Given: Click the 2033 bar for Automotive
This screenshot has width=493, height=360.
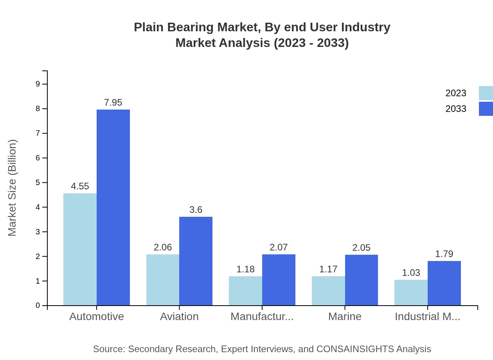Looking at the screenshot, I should coord(113,207).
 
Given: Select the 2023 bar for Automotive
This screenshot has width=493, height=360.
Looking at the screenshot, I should coord(80,249).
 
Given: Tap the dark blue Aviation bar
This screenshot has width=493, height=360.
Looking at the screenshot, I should coord(196,261).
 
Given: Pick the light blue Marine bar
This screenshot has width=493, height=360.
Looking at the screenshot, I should coord(328,291).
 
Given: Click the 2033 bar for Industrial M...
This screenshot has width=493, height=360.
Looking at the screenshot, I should coord(444,283).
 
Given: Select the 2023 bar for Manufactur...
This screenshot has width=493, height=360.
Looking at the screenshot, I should coord(245,291).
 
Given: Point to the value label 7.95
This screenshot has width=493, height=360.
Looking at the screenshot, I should coord(113,103).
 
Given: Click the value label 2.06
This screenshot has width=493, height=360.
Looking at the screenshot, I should coord(163,247).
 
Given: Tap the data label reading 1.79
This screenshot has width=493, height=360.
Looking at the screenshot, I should coord(444,254).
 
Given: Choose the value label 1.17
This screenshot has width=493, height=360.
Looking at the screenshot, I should coord(328,269).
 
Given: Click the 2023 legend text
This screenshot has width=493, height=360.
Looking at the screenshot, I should coord(456,93).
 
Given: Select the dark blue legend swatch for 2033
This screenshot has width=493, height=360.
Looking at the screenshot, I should coord(486,109).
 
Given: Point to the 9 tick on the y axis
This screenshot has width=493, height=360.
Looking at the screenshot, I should coord(38,84).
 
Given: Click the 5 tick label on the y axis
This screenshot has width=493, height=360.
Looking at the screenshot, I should coord(38,183).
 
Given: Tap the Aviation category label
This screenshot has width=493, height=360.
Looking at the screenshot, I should coord(179,317).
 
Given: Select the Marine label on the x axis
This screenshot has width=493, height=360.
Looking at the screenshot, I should coord(345,317).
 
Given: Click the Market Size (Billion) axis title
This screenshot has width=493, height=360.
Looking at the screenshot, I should coord(13,188).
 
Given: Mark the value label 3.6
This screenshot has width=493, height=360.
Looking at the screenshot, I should coord(196,210).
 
